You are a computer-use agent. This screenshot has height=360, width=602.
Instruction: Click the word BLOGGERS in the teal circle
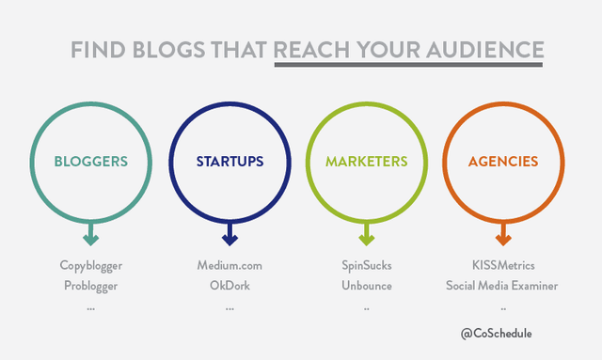point(91,162)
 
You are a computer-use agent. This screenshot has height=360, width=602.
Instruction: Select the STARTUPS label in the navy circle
point(230,162)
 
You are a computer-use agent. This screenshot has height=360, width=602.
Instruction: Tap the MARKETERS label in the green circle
point(367,162)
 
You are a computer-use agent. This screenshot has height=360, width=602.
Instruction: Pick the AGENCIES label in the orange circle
point(503,162)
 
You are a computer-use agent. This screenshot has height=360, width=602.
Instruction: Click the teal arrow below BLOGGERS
point(91,234)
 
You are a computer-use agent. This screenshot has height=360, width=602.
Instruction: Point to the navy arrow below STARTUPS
point(230,234)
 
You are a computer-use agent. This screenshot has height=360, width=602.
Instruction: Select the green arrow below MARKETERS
point(367,234)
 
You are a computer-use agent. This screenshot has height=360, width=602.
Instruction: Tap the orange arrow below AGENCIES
point(503,234)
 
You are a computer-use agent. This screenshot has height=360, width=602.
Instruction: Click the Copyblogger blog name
point(91,266)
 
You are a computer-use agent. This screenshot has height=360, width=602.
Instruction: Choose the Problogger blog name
point(91,286)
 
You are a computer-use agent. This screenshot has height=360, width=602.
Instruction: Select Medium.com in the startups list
point(230,266)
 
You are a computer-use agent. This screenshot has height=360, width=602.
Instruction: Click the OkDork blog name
point(230,286)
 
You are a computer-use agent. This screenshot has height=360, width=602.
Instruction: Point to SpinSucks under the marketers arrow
point(367,266)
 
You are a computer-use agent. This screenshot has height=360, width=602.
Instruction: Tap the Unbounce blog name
point(367,286)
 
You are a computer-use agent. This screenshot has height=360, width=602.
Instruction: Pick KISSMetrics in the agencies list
point(503,266)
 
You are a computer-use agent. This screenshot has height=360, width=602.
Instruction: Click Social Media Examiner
point(503,286)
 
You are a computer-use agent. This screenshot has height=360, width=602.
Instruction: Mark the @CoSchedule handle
point(502,333)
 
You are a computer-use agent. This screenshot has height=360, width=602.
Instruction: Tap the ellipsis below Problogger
point(91,306)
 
